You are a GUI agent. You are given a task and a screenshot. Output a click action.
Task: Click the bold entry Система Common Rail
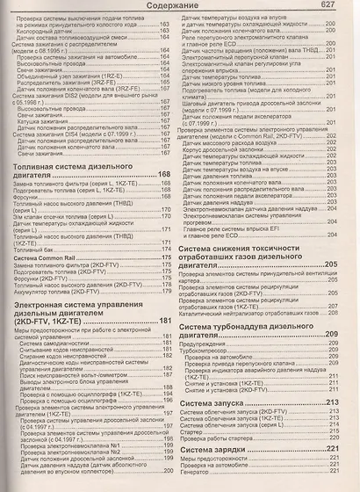(52, 257)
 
